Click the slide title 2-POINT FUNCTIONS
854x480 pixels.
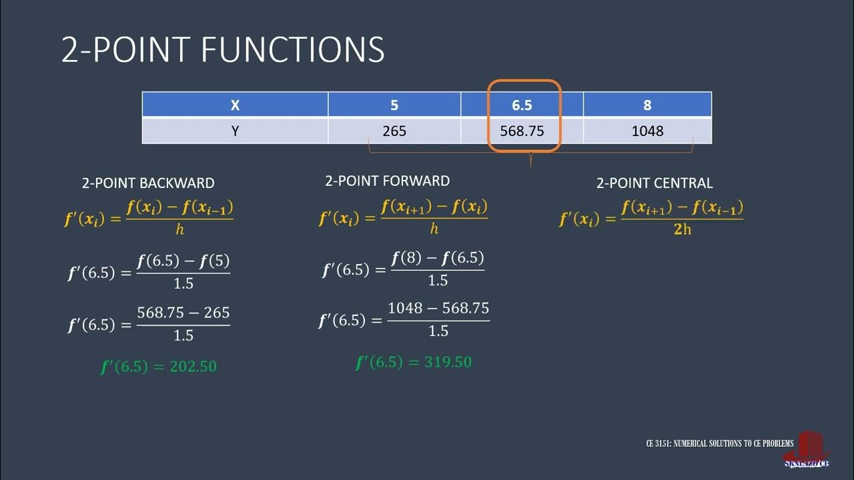coord(223,50)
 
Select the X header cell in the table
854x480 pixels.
coord(235,105)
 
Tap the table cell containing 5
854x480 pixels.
coord(394,105)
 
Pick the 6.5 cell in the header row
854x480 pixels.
coord(522,105)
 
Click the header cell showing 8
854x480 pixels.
coord(647,105)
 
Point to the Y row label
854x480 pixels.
coord(235,131)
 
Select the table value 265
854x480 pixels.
coord(394,131)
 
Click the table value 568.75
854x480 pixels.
coord(522,131)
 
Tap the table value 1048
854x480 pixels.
coord(647,131)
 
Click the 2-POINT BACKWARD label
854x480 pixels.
coord(148,183)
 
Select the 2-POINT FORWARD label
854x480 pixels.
coord(387,181)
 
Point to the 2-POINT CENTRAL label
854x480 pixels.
coord(654,183)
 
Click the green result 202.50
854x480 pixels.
coord(159,367)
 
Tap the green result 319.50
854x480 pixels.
coord(414,363)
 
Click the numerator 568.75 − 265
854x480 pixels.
coord(183,313)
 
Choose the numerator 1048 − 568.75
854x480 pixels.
coord(438,309)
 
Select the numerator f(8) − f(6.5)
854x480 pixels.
coord(438,258)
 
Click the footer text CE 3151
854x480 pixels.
coord(720,443)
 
